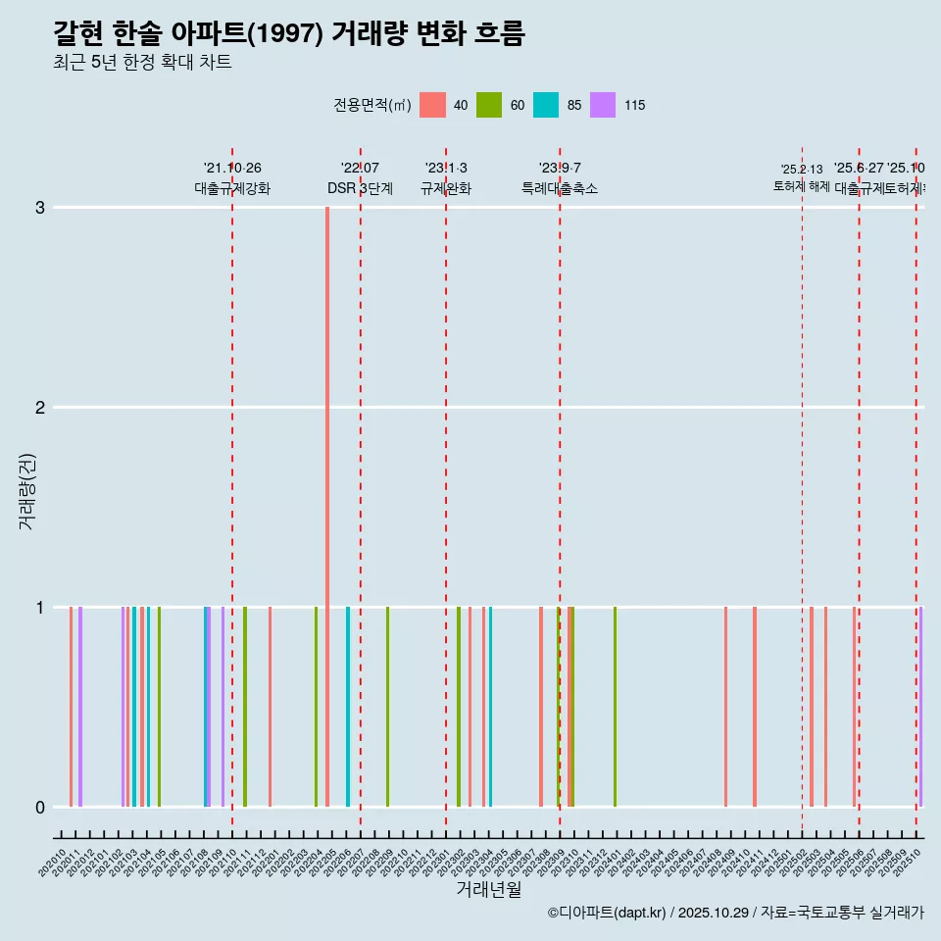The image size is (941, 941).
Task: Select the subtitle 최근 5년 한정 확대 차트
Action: pyautogui.click(x=142, y=63)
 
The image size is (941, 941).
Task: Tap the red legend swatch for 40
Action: pyautogui.click(x=432, y=105)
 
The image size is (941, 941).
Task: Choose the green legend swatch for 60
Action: pyautogui.click(x=489, y=105)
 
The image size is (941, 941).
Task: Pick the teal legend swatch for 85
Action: pyautogui.click(x=546, y=105)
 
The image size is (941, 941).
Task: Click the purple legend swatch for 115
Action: pyautogui.click(x=603, y=105)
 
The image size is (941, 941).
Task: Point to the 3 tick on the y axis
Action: pyautogui.click(x=40, y=207)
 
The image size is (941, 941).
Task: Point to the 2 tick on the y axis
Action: pyautogui.click(x=40, y=407)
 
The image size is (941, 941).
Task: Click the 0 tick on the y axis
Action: pyautogui.click(x=40, y=807)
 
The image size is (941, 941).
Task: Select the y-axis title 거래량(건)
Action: pyautogui.click(x=27, y=490)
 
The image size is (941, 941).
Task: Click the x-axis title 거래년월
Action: pyautogui.click(x=488, y=889)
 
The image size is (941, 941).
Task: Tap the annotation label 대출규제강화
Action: pyautogui.click(x=232, y=188)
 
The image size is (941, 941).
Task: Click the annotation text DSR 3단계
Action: pyautogui.click(x=360, y=188)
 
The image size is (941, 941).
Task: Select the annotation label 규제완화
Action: pyautogui.click(x=446, y=188)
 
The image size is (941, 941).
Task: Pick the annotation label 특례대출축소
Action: pyautogui.click(x=560, y=188)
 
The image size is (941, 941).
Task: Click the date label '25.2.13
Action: pyautogui.click(x=802, y=170)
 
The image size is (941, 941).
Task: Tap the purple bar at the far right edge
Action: pyautogui.click(x=920, y=706)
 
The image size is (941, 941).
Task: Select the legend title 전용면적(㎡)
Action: pyautogui.click(x=372, y=105)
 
